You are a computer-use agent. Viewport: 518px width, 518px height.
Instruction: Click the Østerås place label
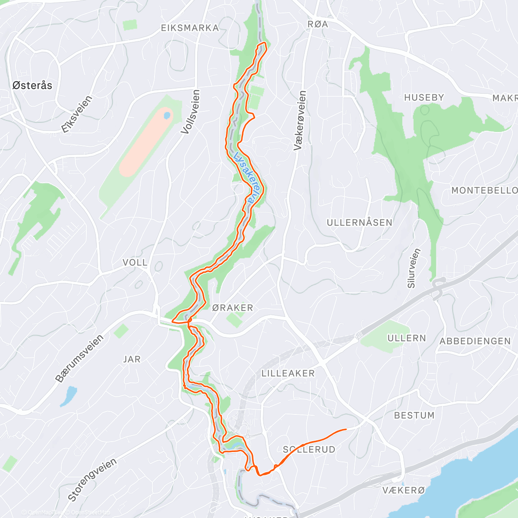pos(32,85)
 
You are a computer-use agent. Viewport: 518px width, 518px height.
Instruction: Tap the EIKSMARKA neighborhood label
pos(190,28)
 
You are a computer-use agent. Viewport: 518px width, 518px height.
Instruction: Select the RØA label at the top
pos(318,25)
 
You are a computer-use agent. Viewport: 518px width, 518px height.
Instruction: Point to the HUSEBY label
pos(424,98)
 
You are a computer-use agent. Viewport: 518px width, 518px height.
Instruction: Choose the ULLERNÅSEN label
pos(359,223)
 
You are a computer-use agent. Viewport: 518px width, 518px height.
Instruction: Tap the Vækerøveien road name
pos(300,121)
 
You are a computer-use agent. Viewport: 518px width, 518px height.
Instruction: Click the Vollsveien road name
pos(191,111)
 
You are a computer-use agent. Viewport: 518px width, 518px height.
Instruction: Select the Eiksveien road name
pos(77,114)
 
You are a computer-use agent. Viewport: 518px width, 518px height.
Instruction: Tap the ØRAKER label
pos(233,308)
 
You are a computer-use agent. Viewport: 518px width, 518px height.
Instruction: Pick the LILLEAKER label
pos(288,373)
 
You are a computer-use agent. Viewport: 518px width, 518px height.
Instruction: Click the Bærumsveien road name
pos(79,358)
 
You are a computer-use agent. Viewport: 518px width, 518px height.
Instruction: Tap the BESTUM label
pos(414,415)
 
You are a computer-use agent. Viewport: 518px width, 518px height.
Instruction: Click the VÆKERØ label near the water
pos(404,490)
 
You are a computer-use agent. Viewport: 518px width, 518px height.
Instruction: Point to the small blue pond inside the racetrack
pos(167,116)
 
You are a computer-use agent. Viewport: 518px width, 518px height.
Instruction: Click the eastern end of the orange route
pos(346,430)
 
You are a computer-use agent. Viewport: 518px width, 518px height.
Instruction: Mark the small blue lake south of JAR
pos(69,396)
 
